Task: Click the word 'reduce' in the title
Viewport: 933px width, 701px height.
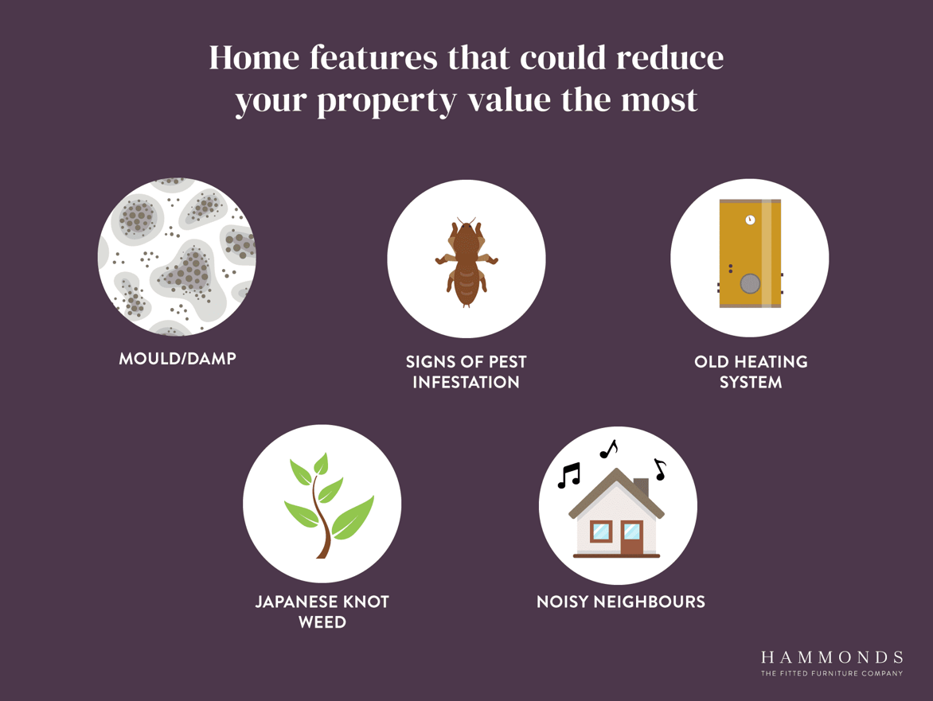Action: click(x=669, y=58)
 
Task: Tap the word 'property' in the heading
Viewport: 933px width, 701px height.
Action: click(x=387, y=101)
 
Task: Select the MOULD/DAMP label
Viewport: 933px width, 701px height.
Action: click(x=178, y=359)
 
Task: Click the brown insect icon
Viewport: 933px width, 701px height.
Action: click(x=466, y=262)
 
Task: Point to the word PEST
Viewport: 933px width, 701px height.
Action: click(x=508, y=361)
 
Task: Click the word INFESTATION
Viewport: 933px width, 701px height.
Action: click(x=466, y=382)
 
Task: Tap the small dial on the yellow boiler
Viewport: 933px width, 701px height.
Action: click(x=751, y=220)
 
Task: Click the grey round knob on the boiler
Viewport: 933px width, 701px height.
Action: click(x=750, y=283)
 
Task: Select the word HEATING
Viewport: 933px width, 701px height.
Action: click(x=771, y=361)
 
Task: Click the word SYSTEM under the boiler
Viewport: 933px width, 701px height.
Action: click(x=751, y=382)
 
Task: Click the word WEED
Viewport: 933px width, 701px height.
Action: click(x=322, y=622)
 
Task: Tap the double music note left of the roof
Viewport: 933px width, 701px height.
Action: click(x=569, y=475)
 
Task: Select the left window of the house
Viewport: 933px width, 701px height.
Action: click(x=601, y=531)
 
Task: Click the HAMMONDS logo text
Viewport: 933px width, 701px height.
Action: click(x=832, y=657)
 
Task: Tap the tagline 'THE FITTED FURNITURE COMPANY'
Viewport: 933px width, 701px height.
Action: click(x=832, y=674)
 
